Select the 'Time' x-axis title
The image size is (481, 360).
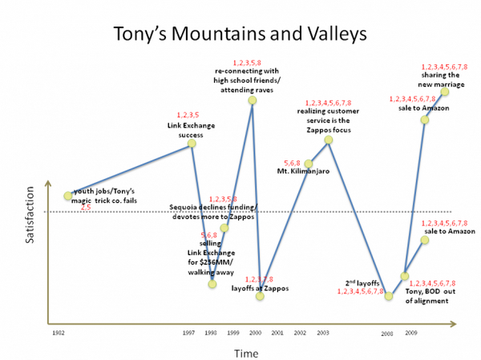click(x=245, y=353)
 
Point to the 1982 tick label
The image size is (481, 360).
click(x=58, y=332)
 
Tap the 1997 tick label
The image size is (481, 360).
click(x=189, y=332)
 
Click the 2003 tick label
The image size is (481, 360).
click(x=322, y=332)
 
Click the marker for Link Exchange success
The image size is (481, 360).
click(x=192, y=144)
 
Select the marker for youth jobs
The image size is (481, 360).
click(x=68, y=196)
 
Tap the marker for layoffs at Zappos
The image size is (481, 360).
click(x=260, y=296)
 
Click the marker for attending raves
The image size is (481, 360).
click(x=253, y=100)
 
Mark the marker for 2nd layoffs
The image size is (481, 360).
click(x=389, y=296)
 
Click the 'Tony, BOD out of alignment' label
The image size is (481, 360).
click(x=430, y=297)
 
